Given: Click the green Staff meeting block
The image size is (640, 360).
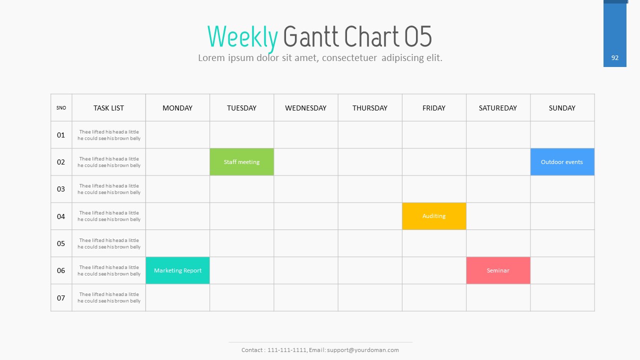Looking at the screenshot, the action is [241, 161].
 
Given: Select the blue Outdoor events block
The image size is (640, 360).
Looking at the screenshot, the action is [562, 161].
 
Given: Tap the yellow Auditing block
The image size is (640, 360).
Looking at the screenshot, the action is [434, 216].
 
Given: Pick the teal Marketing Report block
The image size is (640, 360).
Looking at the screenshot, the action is [177, 270].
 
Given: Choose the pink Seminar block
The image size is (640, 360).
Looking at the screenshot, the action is [498, 270].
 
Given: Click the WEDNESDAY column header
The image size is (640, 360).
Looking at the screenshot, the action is [305, 108].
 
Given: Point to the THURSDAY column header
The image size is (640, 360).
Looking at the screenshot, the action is [369, 108].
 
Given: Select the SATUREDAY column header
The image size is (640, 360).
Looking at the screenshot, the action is [497, 108].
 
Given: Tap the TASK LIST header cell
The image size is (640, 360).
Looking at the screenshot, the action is [108, 108].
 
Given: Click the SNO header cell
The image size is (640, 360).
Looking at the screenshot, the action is [61, 107].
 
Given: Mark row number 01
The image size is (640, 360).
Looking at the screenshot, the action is [61, 135].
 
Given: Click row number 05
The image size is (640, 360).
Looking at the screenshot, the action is [61, 243].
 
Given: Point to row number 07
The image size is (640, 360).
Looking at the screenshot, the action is [61, 298].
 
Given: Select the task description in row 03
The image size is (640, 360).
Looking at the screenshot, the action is [109, 189].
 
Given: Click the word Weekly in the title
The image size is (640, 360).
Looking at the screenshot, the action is [242, 37].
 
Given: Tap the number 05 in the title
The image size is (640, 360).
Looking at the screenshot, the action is [418, 36].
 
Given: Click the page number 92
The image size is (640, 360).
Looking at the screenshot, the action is [615, 57].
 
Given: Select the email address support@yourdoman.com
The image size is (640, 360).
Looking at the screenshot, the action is [363, 350].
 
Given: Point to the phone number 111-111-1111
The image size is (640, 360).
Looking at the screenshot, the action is [287, 350].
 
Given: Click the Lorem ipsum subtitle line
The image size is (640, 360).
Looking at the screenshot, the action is [320, 57].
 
